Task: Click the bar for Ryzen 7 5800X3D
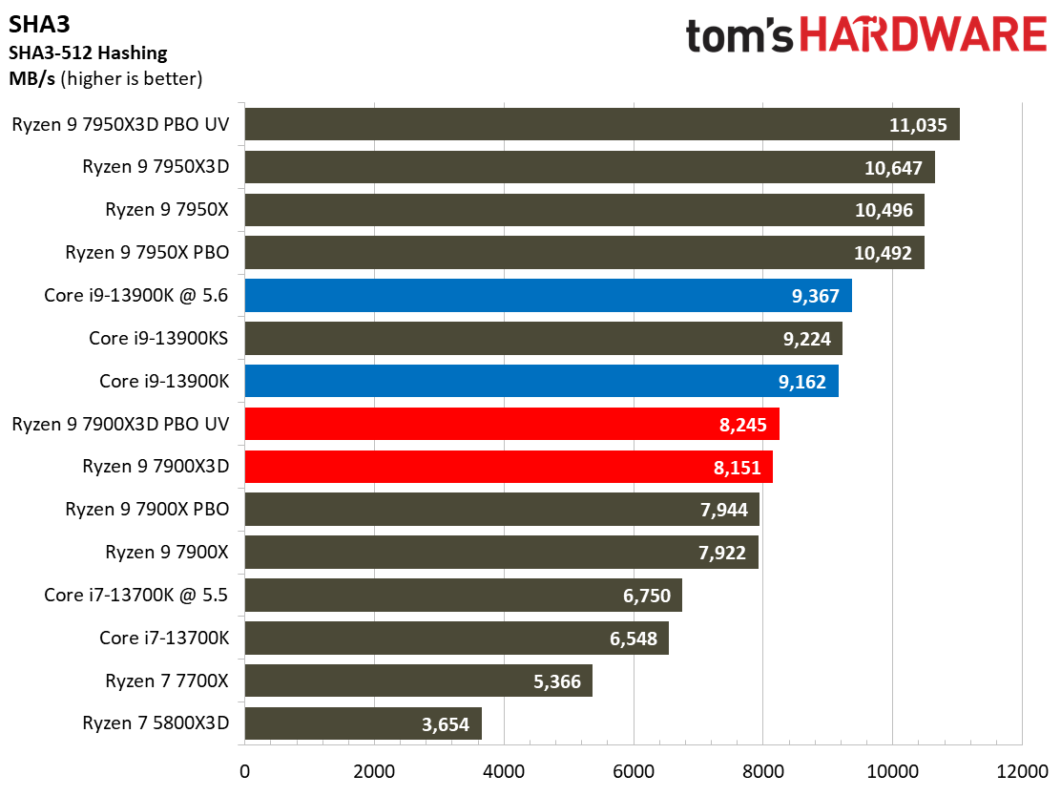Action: click(x=363, y=723)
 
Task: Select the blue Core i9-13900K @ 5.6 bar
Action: click(x=548, y=296)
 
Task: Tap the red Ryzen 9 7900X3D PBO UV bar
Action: click(x=511, y=424)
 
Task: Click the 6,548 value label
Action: click(x=634, y=639)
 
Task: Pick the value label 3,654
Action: click(x=446, y=724)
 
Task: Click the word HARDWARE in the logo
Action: click(x=923, y=36)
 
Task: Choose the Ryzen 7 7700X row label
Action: click(x=168, y=681)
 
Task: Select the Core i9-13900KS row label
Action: click(x=159, y=338)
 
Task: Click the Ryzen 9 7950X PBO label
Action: click(x=147, y=253)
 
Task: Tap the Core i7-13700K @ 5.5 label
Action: click(x=136, y=596)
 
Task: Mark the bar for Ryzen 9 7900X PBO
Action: click(x=501, y=510)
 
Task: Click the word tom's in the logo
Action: click(x=739, y=36)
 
